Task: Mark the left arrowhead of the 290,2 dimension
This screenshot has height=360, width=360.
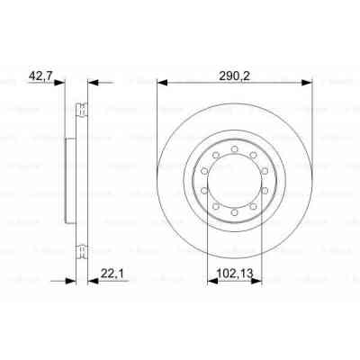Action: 162,83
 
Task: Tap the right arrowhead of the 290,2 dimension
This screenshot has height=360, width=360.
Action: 308,83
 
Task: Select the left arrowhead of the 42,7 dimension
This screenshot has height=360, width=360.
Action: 63,83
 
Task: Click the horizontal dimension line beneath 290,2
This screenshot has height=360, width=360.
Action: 235,83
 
